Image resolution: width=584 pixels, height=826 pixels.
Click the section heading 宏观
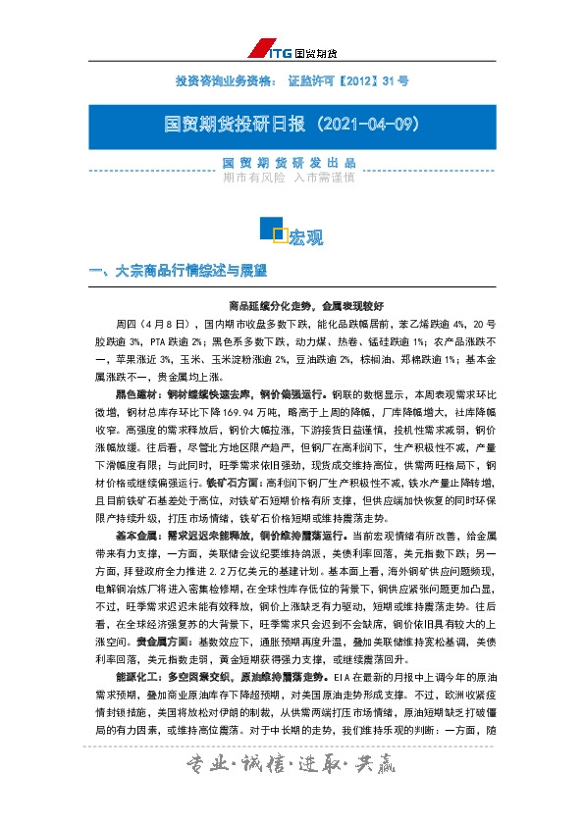307,237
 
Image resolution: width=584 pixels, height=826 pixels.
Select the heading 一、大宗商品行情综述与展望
178,268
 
